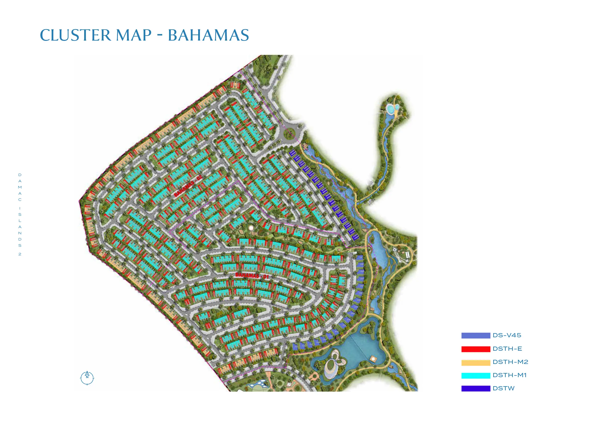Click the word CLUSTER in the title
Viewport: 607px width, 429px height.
tap(75, 35)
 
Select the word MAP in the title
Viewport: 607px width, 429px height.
tap(134, 35)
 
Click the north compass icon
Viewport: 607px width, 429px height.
tap(87, 378)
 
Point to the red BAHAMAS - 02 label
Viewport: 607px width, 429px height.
tap(188, 186)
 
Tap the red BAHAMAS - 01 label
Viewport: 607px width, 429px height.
tap(252, 276)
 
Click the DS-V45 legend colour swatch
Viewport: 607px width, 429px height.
tap(476, 336)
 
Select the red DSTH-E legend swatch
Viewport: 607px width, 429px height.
tap(476, 349)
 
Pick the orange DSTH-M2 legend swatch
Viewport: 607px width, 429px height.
tap(476, 362)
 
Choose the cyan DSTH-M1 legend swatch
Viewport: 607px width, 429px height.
tap(476, 375)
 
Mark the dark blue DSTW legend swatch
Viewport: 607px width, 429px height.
tap(476, 389)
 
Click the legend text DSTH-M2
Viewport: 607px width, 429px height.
tap(510, 362)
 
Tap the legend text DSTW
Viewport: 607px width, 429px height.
tap(504, 389)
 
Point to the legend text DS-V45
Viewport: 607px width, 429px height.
tap(507, 335)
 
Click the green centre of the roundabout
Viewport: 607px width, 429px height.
tap(289, 133)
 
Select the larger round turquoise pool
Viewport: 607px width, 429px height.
tap(390, 108)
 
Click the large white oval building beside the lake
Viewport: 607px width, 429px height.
tap(331, 366)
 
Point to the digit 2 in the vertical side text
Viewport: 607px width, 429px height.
tap(20, 254)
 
